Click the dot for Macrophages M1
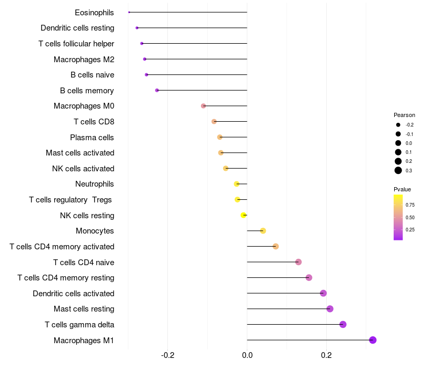pos(373,340)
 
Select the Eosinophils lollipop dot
pos(129,12)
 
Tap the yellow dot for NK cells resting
pos(243,215)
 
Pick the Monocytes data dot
pos(263,231)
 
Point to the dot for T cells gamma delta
pos(343,324)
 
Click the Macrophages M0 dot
pos(203,106)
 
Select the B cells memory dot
pos(157,90)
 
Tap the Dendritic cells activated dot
pos(323,293)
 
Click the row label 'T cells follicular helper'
pos(76,44)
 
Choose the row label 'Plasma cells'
pos(92,138)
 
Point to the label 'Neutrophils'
pos(95,184)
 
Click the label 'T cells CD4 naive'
pos(84,262)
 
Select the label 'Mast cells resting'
pos(84,309)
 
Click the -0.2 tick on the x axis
pos(167,355)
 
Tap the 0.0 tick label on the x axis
pos(247,355)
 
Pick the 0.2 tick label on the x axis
pos(326,355)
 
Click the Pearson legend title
pos(404,115)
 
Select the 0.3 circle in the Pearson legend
pos(398,170)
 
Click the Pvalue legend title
pos(402,189)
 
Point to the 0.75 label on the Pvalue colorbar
pos(410,205)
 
